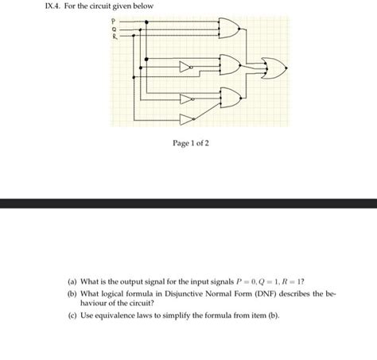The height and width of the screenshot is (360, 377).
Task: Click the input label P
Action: coord(113,21)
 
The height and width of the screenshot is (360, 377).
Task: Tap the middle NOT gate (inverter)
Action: coord(186,99)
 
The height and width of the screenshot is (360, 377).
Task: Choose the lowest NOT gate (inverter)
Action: coord(186,119)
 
